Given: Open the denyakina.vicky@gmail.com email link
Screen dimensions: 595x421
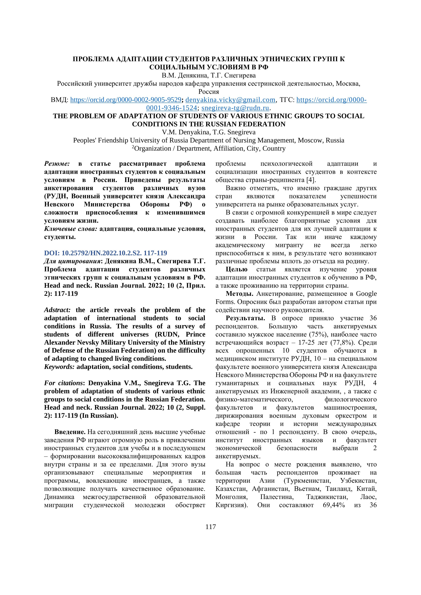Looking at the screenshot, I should click(x=230, y=100).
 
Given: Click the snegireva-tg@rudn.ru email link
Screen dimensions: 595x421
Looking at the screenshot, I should click(x=235, y=108).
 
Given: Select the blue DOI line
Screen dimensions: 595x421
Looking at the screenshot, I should click(x=106, y=253).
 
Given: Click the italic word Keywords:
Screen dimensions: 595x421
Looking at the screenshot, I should click(x=59, y=367).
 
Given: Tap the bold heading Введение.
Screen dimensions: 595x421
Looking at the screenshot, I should click(x=70, y=432).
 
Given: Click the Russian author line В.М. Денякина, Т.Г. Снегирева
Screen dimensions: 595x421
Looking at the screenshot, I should click(x=209, y=75).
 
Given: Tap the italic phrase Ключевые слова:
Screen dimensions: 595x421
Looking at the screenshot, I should click(x=71, y=229).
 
